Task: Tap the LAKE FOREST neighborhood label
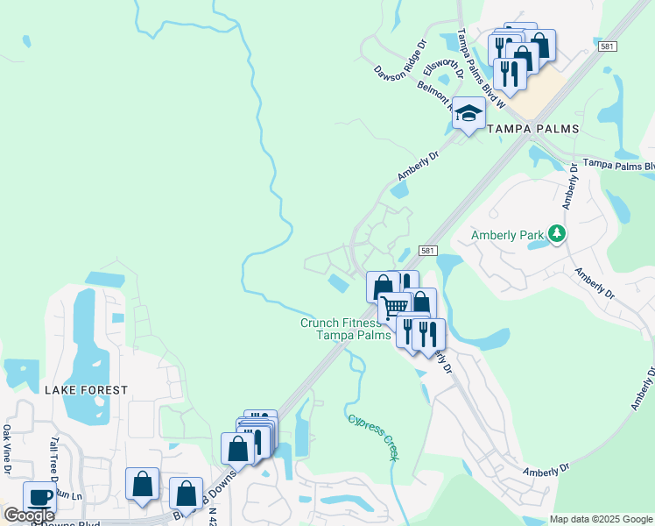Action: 88,389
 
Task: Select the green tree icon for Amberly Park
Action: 555,233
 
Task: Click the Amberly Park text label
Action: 507,235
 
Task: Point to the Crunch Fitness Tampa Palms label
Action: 342,329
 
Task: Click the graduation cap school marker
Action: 468,114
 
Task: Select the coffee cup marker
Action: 39,496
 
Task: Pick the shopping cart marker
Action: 395,307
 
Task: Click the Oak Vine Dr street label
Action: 7,450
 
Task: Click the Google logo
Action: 29,515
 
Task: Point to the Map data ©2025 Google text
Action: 601,519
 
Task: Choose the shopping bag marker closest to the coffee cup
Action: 142,484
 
